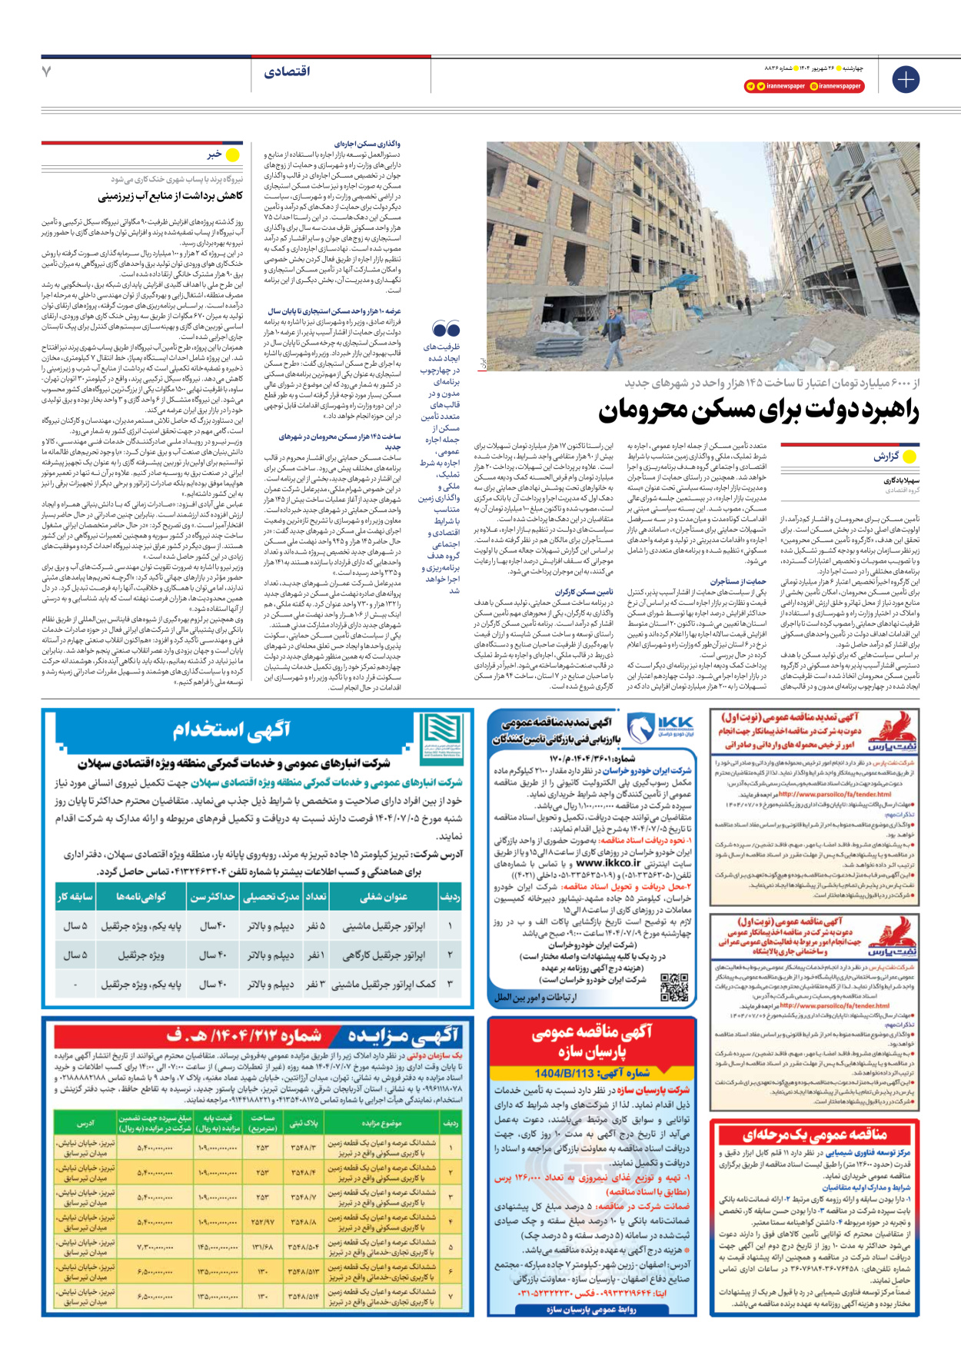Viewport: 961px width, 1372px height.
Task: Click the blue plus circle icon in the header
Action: point(906,79)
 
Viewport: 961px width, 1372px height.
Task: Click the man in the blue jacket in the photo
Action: point(613,332)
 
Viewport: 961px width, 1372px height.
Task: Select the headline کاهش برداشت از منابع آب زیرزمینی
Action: point(170,197)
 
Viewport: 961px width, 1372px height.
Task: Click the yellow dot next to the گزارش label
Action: point(909,457)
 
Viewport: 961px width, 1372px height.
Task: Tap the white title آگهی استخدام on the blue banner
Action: point(231,729)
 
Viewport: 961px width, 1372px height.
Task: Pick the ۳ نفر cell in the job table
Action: point(316,985)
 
